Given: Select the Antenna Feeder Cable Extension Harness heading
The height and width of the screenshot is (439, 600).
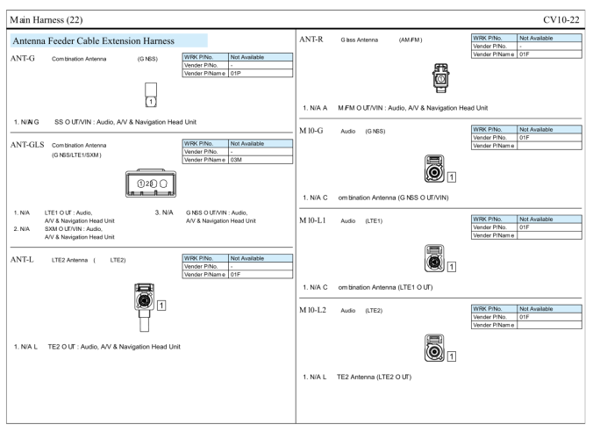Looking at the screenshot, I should point(102,40).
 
